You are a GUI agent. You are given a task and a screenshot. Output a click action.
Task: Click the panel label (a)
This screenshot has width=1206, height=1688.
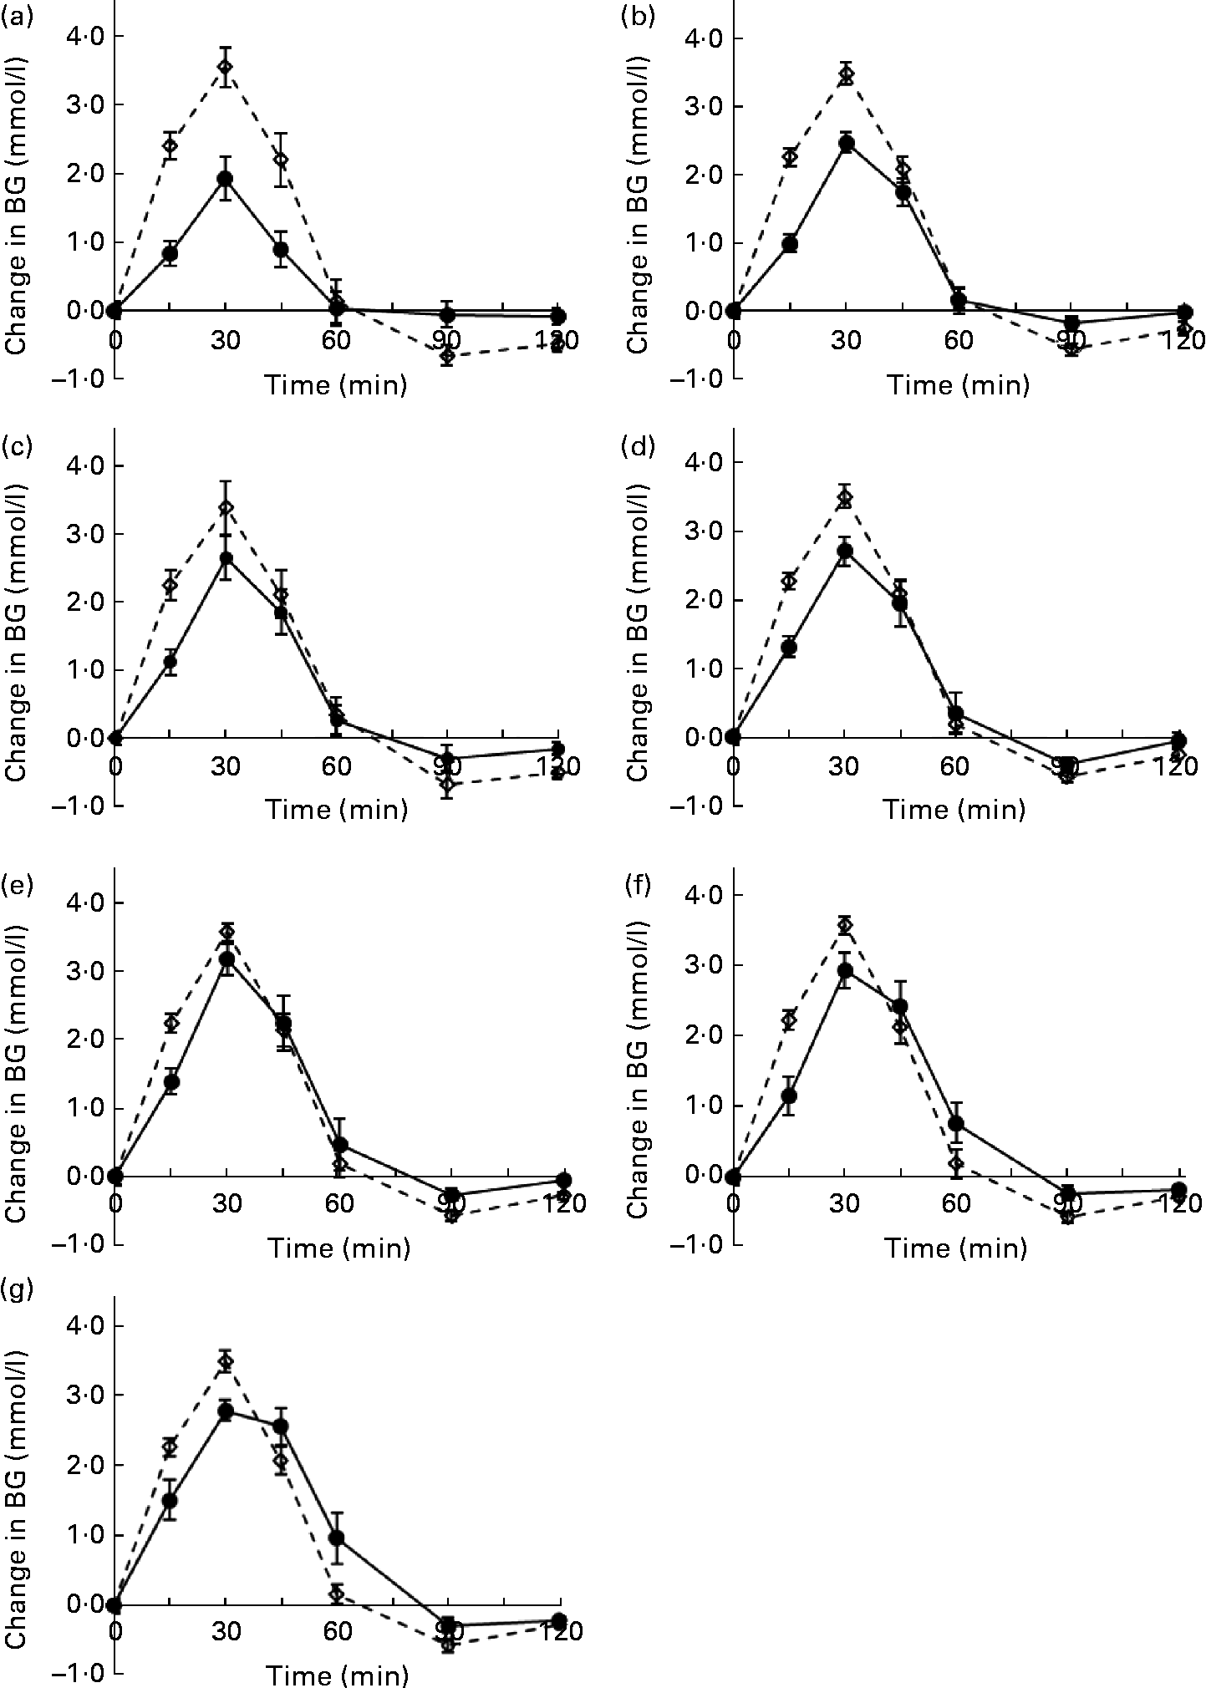[x=18, y=15]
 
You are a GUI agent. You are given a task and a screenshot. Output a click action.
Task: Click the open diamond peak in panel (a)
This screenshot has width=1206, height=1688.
[x=225, y=67]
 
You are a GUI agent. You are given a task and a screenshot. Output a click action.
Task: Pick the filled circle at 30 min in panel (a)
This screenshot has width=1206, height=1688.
[x=225, y=178]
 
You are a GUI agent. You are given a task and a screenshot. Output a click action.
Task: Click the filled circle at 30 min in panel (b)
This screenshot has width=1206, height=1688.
[x=847, y=143]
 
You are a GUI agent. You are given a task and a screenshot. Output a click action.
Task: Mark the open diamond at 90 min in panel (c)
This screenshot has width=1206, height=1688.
[x=448, y=785]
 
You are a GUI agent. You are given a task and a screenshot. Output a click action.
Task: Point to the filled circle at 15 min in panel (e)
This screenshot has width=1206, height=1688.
[x=171, y=1081]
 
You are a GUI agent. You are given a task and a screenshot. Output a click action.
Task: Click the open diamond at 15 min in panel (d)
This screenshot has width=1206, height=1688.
[x=788, y=580]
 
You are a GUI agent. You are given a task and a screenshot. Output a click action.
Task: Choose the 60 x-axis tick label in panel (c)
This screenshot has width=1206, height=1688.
[x=337, y=766]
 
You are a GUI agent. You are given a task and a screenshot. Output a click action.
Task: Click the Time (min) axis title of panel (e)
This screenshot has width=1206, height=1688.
[x=338, y=1248]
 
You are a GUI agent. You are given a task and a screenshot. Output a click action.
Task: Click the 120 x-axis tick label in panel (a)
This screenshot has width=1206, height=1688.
[x=557, y=339]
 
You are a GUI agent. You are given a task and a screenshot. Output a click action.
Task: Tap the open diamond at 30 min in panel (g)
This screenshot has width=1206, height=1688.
[x=225, y=1362]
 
